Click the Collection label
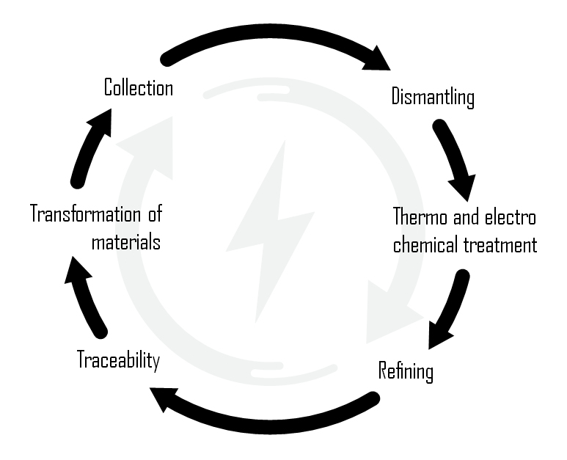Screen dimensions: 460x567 [139, 88]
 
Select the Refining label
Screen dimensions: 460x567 [405, 370]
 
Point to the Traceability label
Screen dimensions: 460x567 [118, 360]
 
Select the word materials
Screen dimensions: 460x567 [125, 242]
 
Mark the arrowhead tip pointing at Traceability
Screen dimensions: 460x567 [152, 391]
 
